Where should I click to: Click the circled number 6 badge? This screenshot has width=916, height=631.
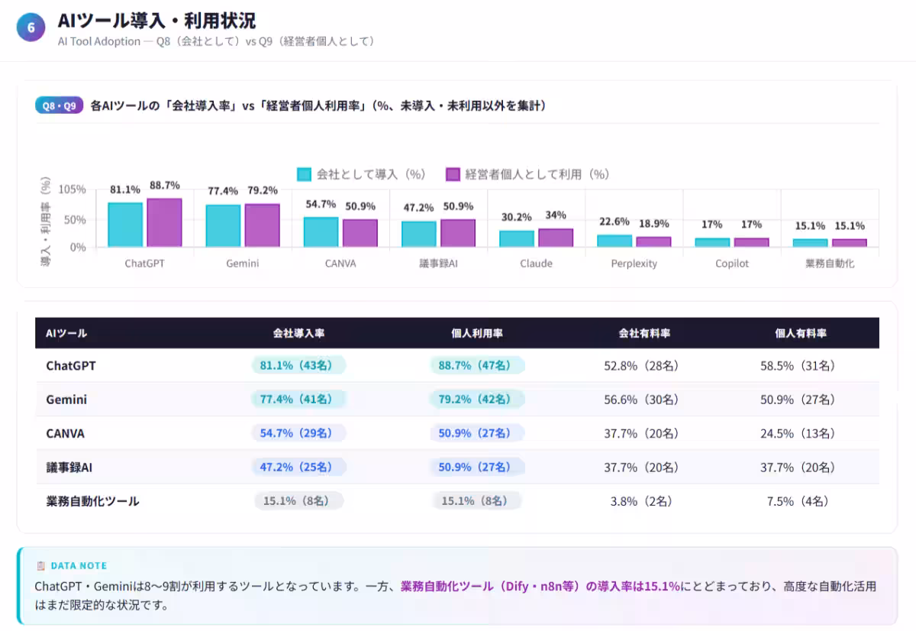31,27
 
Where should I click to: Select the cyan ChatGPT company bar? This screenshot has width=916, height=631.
125,225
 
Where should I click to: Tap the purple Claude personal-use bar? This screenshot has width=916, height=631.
556,238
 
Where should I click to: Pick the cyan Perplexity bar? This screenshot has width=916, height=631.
614,241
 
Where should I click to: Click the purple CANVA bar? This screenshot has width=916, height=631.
360,233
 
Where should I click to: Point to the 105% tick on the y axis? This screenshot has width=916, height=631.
73,189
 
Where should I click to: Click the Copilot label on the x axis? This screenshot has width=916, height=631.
732,264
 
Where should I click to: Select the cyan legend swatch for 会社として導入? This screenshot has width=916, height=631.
304,174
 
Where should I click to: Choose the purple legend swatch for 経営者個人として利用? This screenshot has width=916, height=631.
453,174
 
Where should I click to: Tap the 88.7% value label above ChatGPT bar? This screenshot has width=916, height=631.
165,186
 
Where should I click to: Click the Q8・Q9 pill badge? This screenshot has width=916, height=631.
59,106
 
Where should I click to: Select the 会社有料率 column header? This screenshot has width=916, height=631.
644,334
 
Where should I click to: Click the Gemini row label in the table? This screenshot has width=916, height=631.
66,400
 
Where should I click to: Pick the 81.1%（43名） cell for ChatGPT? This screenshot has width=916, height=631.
298,366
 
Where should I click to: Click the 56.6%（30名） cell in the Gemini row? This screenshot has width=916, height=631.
641,400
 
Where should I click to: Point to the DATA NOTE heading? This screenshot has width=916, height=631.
79,566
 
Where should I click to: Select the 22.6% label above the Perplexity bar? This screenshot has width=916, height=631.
614,222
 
